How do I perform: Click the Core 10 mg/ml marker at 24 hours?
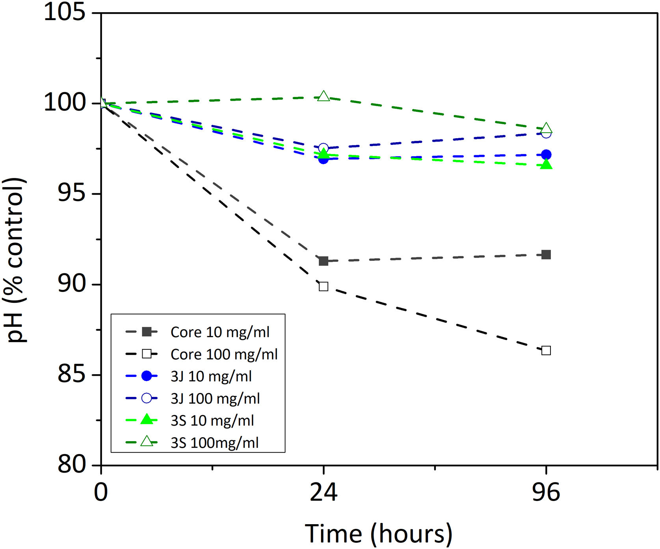[323, 261]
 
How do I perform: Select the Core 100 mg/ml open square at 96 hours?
[546, 350]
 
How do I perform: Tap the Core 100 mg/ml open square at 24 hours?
[323, 286]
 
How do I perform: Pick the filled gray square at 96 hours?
[546, 255]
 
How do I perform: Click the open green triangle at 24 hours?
[323, 96]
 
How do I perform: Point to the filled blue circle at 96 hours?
[546, 155]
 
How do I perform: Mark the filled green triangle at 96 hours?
[546, 165]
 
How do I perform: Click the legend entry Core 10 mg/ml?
[220, 332]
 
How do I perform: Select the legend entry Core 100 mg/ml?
[224, 354]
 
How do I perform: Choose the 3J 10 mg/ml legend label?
[211, 377]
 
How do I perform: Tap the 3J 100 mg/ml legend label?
[215, 399]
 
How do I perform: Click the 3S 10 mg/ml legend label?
[212, 421]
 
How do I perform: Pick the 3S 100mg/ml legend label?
[214, 443]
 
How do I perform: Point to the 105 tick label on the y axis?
[65, 13]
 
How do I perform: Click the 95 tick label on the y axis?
[71, 193]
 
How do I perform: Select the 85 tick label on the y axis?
[71, 375]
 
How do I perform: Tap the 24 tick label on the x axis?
[323, 492]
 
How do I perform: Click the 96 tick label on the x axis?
[546, 492]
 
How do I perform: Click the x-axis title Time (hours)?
[379, 534]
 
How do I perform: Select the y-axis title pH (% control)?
[15, 260]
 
